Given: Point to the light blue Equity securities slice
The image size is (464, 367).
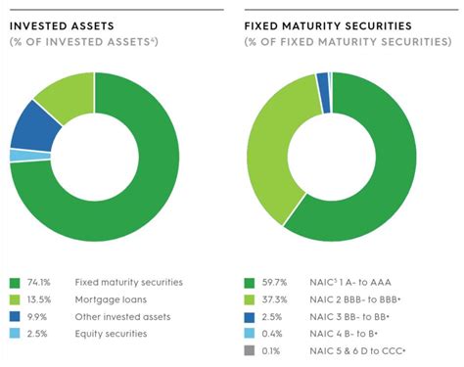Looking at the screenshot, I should click(x=17, y=155).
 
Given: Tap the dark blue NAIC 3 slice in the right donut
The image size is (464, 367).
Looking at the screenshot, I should click(x=322, y=79).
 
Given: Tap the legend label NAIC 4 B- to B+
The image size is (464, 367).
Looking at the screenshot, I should click(x=363, y=335).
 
